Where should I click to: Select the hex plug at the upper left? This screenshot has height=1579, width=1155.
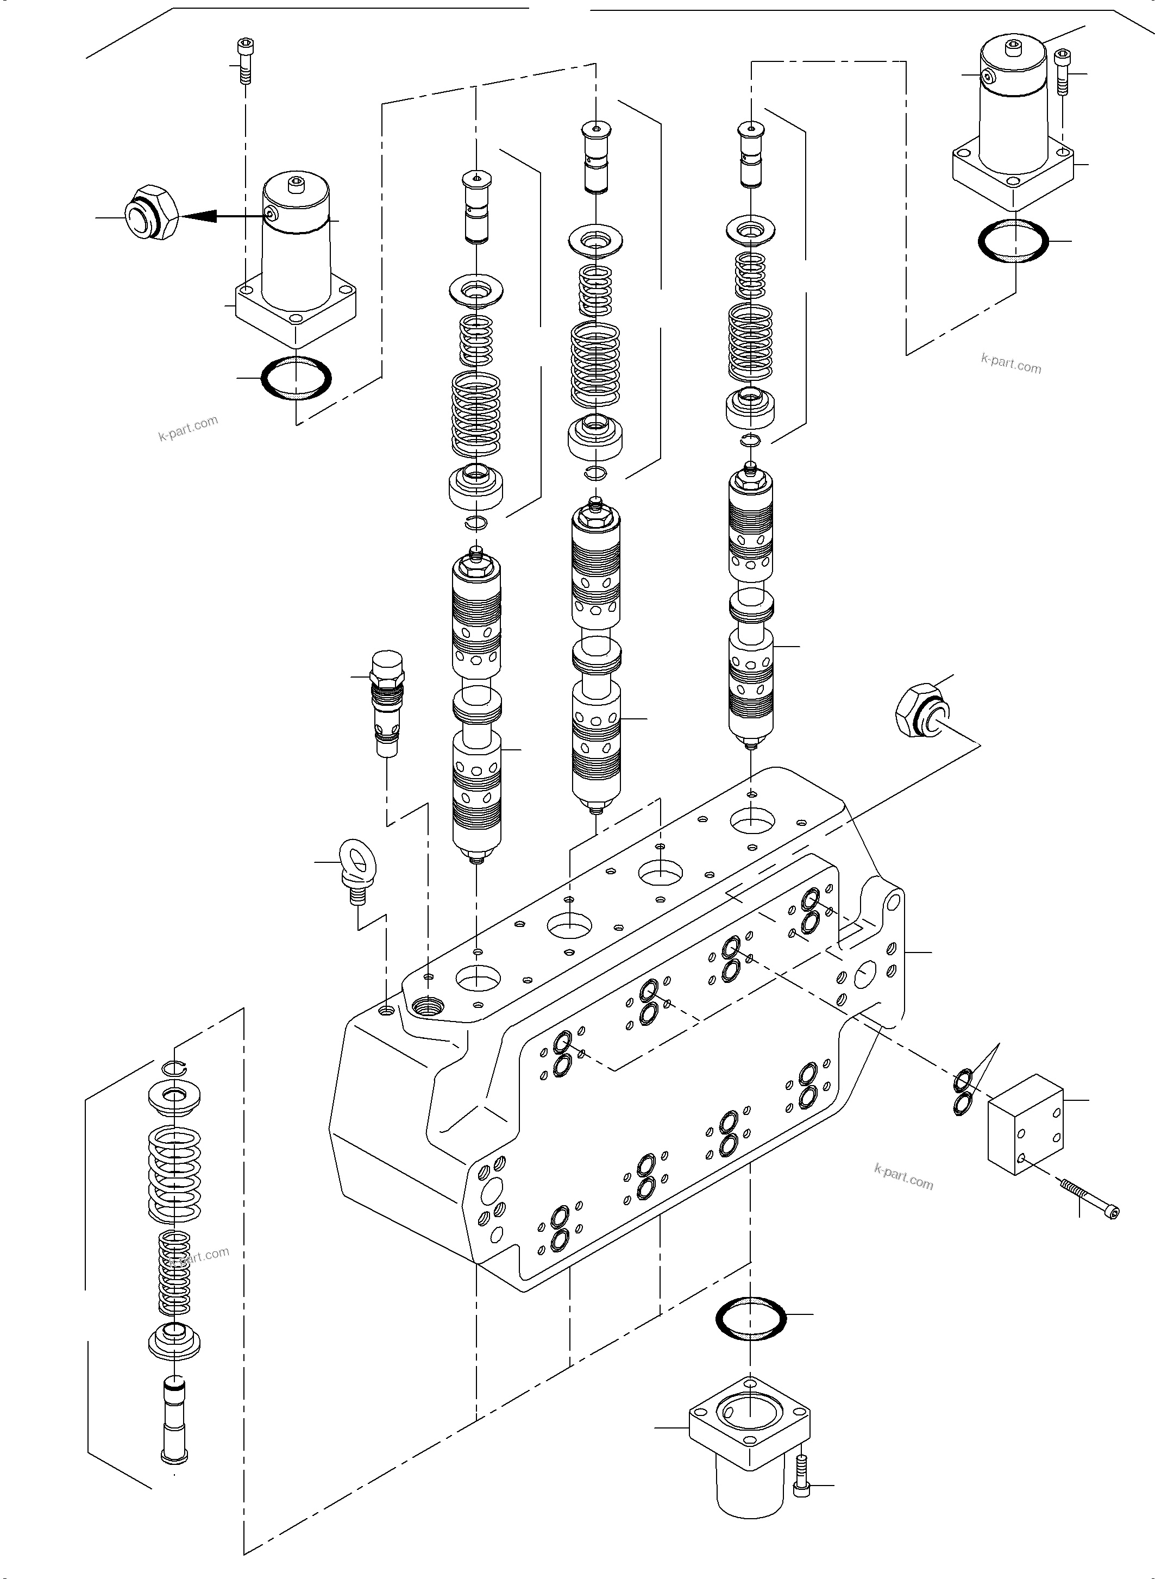point(150,214)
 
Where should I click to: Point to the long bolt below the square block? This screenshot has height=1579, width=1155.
point(1089,1198)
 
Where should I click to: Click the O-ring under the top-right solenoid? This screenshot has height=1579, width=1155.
point(1013,241)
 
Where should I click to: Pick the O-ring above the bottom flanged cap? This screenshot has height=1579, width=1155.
point(751,1318)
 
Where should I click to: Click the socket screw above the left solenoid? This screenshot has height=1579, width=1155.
point(243,61)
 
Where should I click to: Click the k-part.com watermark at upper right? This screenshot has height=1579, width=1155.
point(1011,364)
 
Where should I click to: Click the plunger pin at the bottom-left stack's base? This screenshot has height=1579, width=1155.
point(174,1418)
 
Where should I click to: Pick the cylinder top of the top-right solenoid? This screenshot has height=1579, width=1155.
point(1013,53)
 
